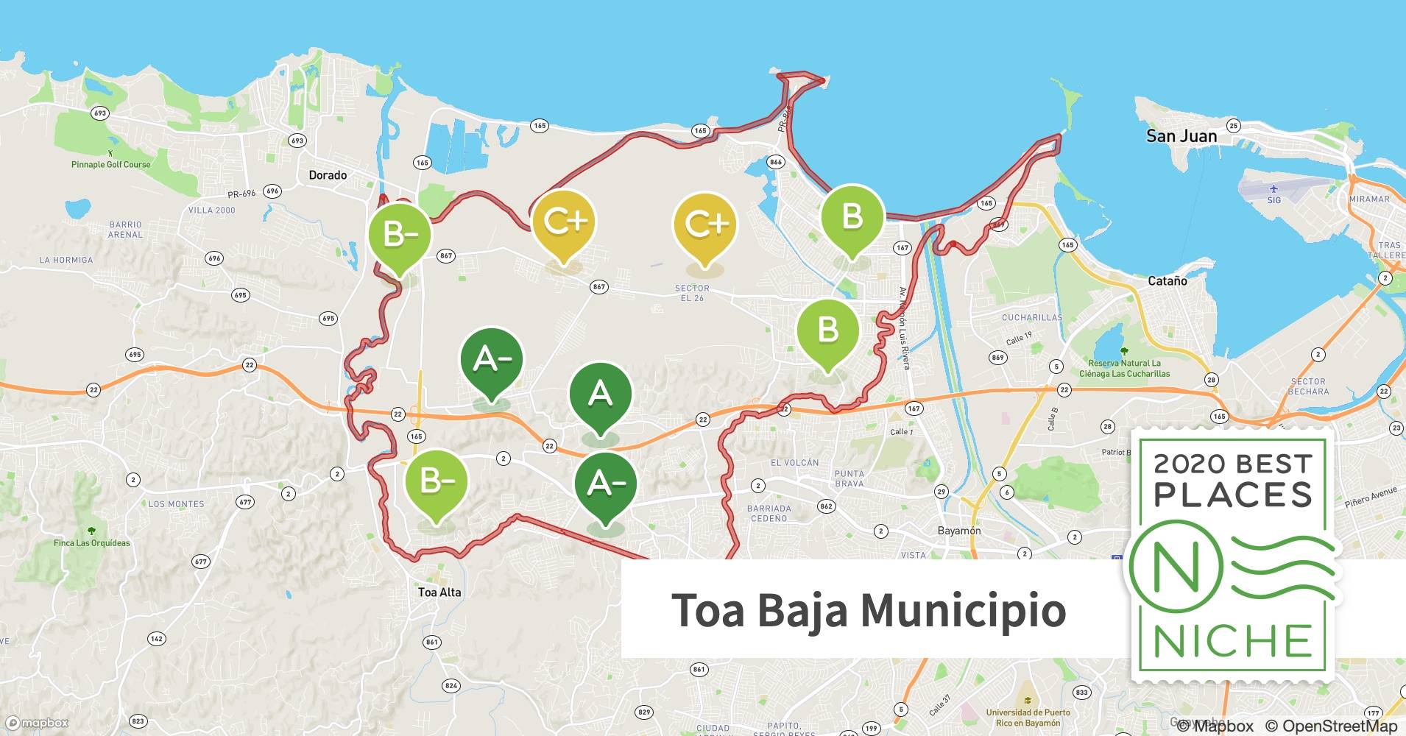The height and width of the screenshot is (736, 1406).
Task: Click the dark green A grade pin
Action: point(600,396)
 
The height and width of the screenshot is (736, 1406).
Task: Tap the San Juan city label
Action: point(1181,136)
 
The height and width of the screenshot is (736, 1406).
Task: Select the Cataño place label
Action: point(1167,281)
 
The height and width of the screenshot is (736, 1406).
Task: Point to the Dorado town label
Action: point(328,175)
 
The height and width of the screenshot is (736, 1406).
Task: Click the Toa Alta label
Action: point(439,592)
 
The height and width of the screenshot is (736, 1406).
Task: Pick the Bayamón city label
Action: point(959,531)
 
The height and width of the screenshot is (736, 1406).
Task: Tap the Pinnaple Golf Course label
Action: point(110,164)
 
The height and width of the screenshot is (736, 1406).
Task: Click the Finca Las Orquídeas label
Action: point(91,543)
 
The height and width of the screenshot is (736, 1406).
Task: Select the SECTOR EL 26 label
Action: point(692,293)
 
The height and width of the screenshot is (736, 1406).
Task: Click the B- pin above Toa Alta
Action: point(437,482)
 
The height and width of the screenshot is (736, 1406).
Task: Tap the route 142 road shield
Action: point(157,639)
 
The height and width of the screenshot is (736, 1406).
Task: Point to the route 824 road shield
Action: point(451,686)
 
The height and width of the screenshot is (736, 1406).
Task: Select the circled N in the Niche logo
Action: point(1176,567)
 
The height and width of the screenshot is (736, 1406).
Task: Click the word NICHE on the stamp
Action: point(1233,642)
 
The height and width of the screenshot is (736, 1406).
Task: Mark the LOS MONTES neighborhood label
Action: point(177,504)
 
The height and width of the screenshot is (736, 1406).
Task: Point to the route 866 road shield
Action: point(776,162)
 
